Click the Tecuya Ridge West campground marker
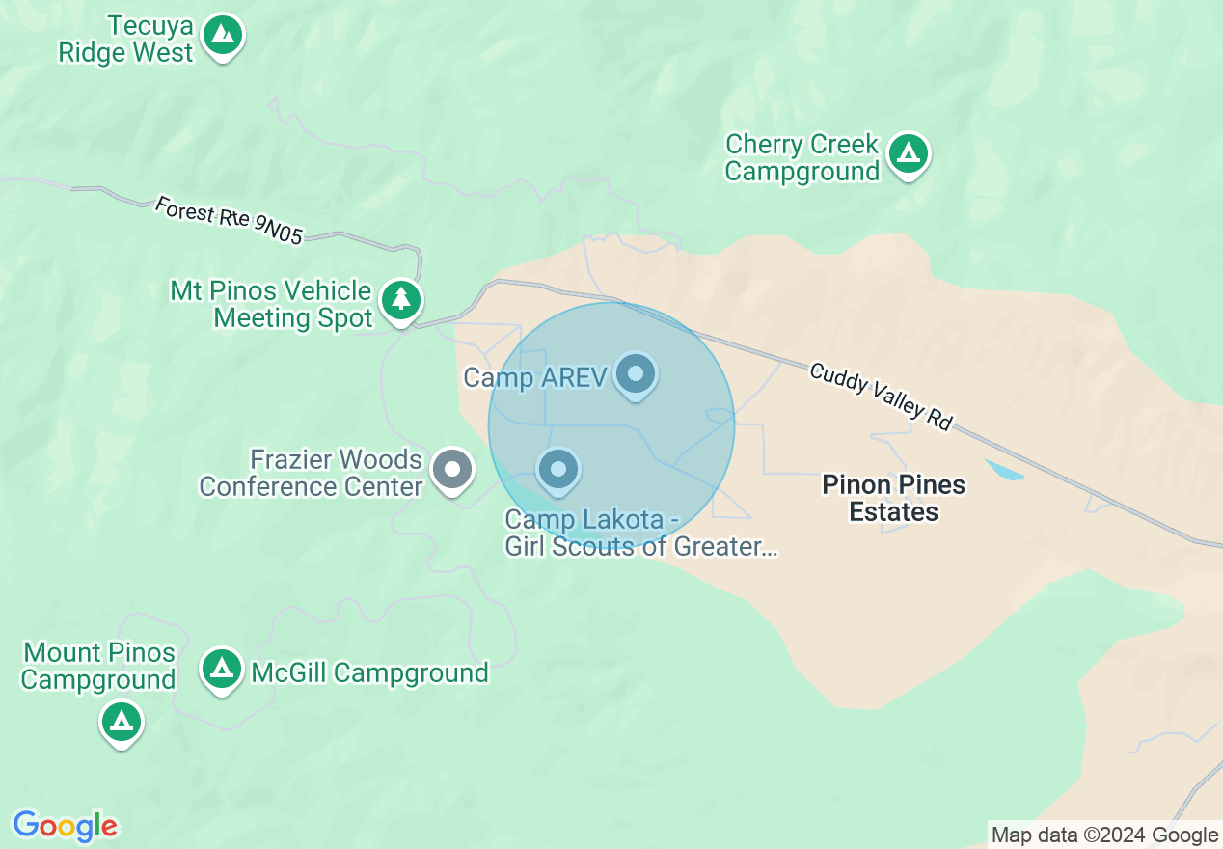pos(224,36)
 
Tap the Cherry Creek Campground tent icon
pos(908,153)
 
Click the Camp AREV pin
pos(636,373)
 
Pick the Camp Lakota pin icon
pos(557,470)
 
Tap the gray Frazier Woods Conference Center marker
pos(452,470)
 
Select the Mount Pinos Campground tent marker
pos(122,721)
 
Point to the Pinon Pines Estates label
pos(893,498)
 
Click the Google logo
pos(65,826)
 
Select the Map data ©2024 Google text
pos(1105,835)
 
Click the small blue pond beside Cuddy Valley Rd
pos(1004,471)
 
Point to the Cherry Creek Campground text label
pos(802,158)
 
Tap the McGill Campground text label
pos(369,672)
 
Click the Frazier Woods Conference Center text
pos(311,473)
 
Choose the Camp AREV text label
pos(534,377)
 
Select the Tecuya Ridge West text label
pos(126,39)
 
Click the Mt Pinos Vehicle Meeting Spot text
pos(271,304)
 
